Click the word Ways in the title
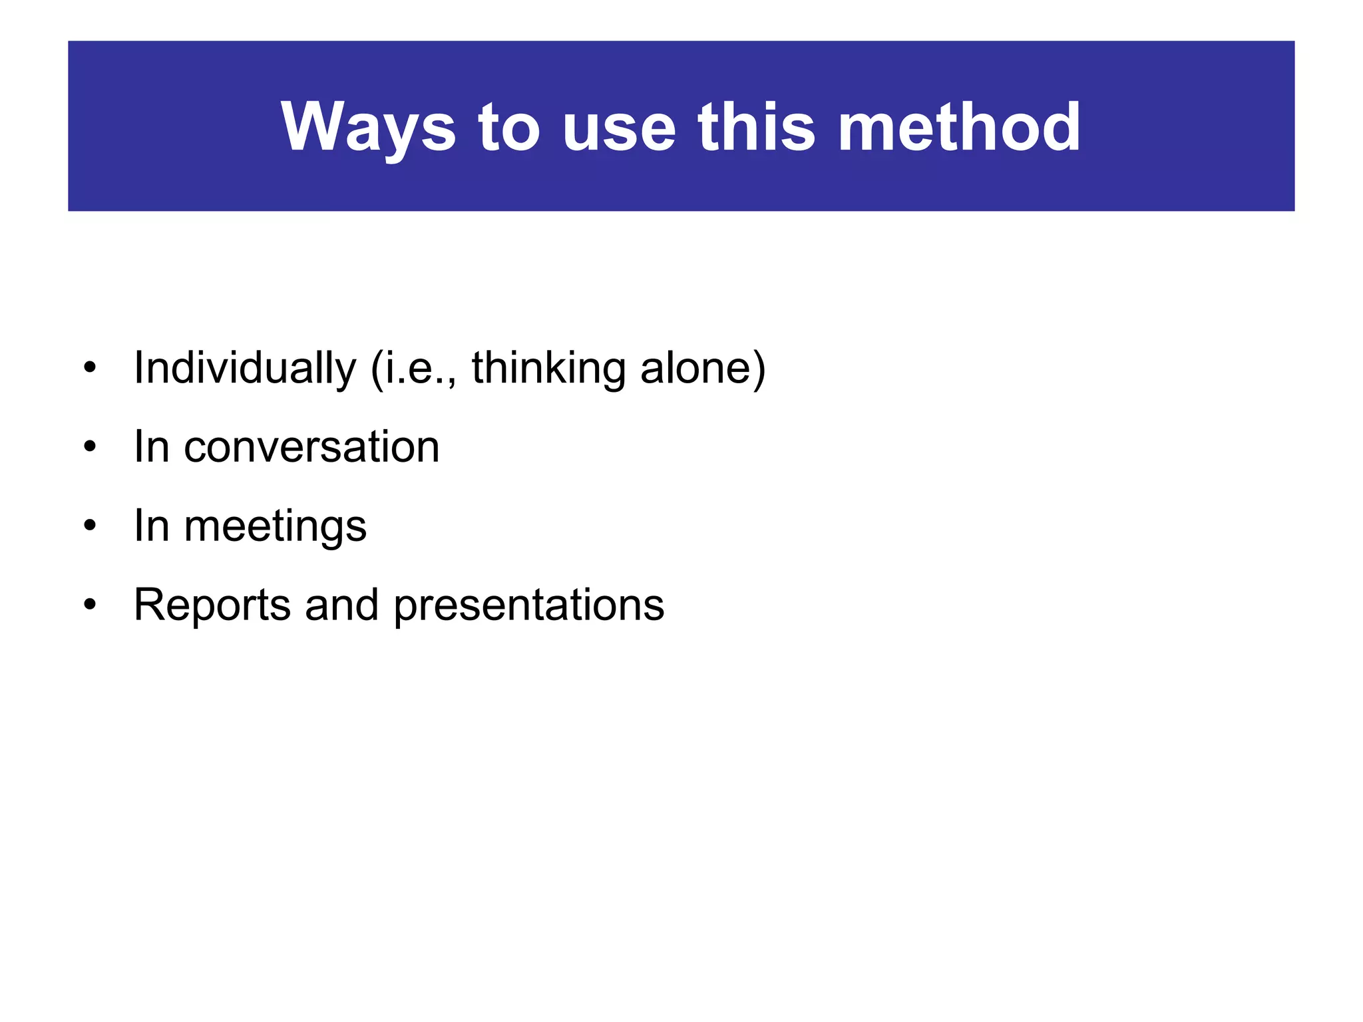(368, 128)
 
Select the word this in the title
(756, 128)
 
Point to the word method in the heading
(959, 128)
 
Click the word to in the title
(508, 128)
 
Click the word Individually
(245, 368)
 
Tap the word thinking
(548, 368)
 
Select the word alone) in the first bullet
(703, 368)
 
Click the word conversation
(311, 446)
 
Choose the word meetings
(275, 526)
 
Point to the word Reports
(212, 605)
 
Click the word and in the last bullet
(341, 605)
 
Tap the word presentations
(529, 605)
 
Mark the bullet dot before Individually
(90, 368)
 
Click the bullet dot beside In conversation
(90, 446)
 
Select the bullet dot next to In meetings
(90, 526)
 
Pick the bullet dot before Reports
(90, 605)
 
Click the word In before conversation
(151, 446)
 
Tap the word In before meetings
(151, 526)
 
